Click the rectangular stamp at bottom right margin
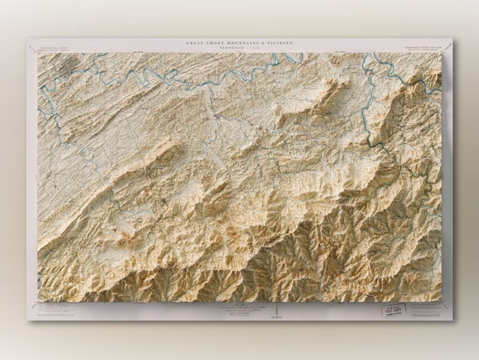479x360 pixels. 392,310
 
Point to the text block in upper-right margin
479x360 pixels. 423,47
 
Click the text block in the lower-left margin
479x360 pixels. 55,310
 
